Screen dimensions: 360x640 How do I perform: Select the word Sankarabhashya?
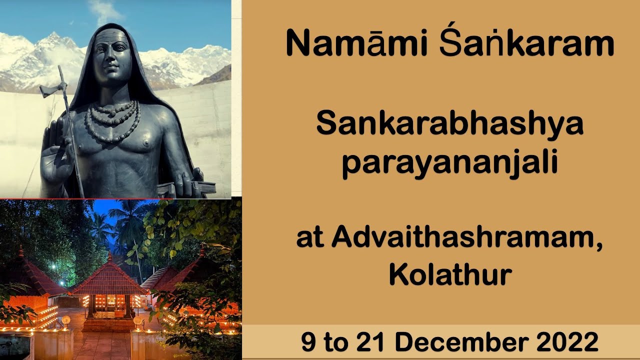pyautogui.click(x=449, y=124)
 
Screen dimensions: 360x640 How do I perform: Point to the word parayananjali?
pyautogui.click(x=449, y=164)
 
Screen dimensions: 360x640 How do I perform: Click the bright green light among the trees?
pyautogui.click(x=53, y=267)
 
